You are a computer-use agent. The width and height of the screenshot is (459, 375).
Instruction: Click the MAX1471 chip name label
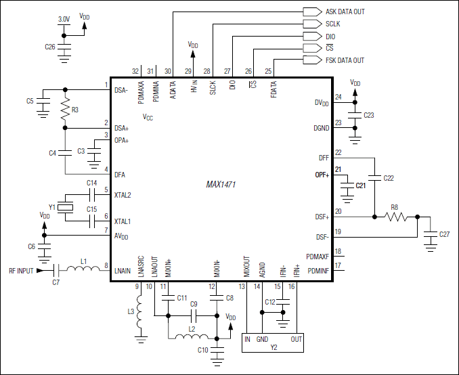[x=221, y=184]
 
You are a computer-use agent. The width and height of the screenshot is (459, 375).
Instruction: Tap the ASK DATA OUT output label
[x=345, y=12]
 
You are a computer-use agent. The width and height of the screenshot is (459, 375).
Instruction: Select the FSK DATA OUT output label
[x=345, y=60]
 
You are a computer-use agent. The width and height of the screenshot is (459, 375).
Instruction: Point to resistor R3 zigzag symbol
[x=65, y=109]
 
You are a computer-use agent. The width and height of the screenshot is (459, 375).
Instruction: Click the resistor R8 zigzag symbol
[x=395, y=217]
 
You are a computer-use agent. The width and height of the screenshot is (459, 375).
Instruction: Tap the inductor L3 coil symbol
[x=141, y=313]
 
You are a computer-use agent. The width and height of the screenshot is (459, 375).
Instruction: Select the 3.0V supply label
[x=63, y=20]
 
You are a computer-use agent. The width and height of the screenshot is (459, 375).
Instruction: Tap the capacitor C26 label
[x=49, y=47]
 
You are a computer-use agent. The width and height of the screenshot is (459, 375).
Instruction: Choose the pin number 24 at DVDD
[x=338, y=97]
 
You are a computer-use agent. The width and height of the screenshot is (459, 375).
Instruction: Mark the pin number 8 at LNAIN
[x=106, y=265]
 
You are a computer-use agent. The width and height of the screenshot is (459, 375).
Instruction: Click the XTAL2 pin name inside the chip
[x=123, y=195]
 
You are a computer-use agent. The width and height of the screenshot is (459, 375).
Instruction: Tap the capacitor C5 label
[x=30, y=101]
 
